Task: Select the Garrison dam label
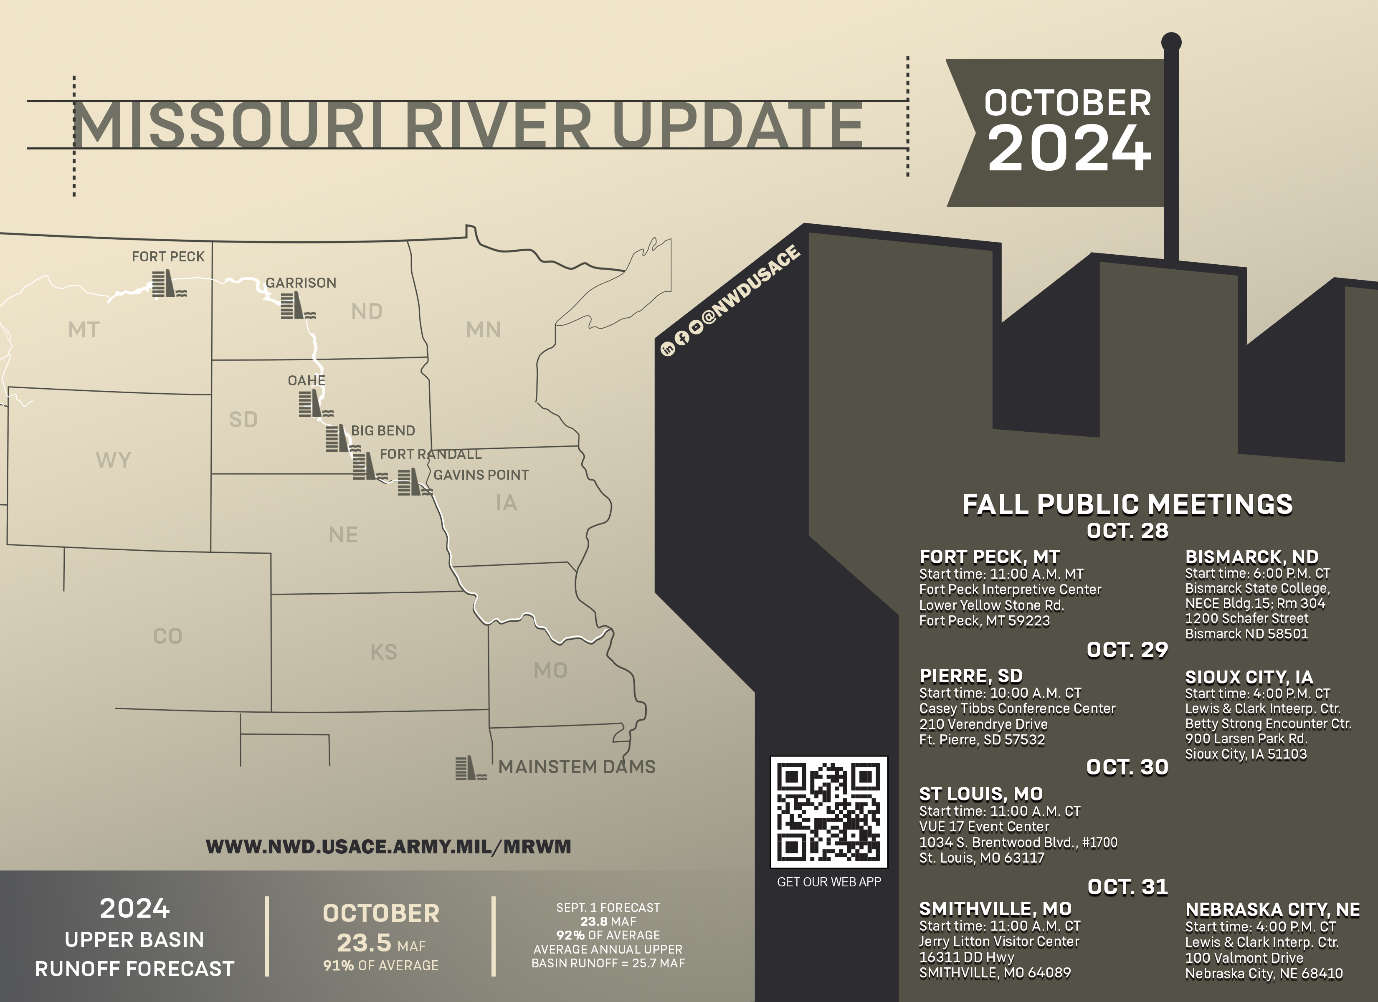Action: (301, 283)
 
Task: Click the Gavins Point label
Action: (481, 475)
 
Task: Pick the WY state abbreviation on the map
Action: (113, 459)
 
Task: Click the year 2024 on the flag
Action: (1069, 149)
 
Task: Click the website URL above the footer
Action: (388, 846)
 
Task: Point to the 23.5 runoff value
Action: (365, 942)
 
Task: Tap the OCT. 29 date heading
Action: (1127, 650)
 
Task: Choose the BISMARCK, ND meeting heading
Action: (1251, 557)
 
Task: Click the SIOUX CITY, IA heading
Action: (1249, 677)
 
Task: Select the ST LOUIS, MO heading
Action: (980, 794)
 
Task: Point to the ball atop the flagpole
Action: (1171, 42)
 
